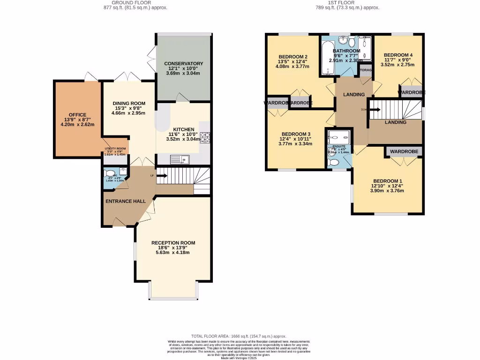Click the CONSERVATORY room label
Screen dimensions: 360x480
point(183,63)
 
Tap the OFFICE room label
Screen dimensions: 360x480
point(77,114)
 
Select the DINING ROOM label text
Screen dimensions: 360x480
point(129,103)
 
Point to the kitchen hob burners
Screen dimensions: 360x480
point(205,137)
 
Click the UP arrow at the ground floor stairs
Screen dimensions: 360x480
point(162,176)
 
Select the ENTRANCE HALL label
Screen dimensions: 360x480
point(125,201)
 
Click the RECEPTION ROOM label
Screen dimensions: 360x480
point(173,243)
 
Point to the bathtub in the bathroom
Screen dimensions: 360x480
point(326,59)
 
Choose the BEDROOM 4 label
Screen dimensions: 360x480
point(398,55)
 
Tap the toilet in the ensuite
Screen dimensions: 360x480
point(334,162)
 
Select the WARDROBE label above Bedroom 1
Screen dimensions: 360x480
point(404,152)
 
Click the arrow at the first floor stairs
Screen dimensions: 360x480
point(375,110)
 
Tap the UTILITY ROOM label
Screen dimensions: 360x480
point(115,148)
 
